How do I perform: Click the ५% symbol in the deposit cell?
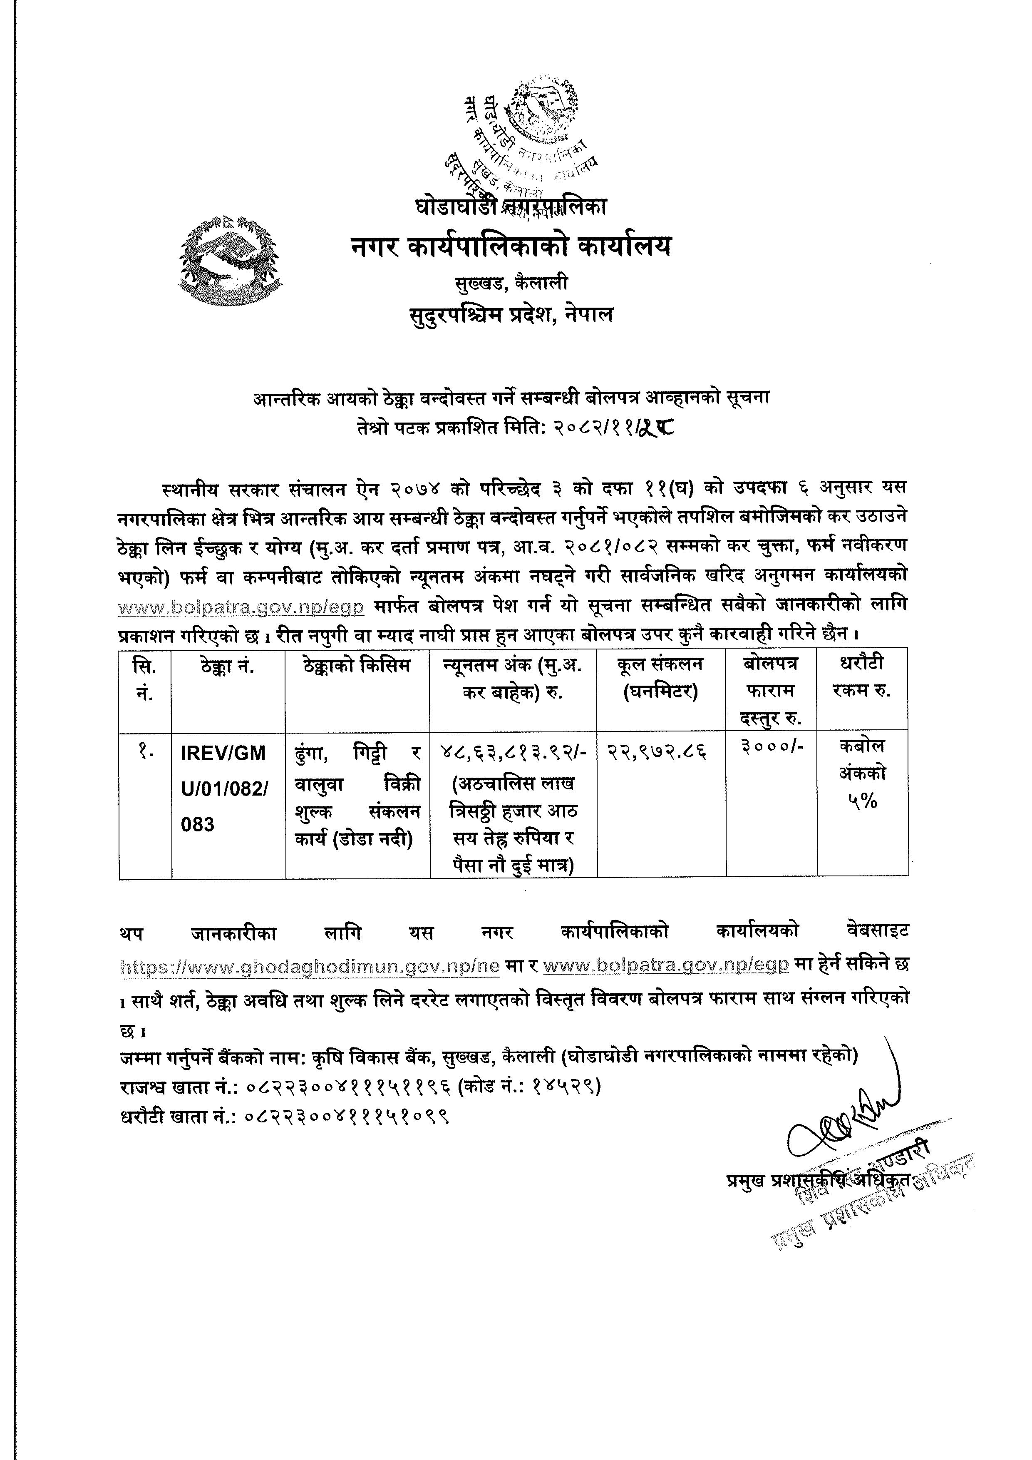click(862, 803)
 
